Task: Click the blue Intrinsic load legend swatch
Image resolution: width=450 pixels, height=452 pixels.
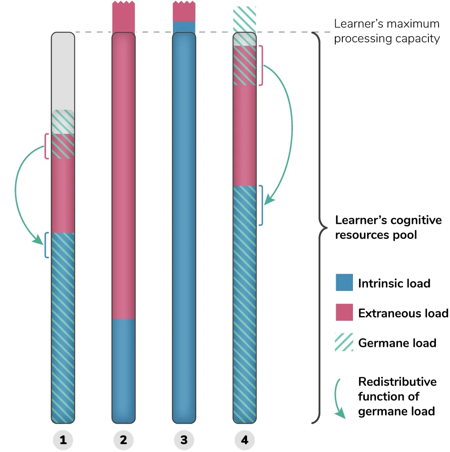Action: (344, 282)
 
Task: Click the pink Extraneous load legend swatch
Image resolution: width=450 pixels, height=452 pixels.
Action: (344, 313)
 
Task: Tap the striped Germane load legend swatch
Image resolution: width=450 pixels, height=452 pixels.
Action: (344, 343)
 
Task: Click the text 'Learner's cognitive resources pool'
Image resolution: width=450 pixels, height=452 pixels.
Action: (388, 227)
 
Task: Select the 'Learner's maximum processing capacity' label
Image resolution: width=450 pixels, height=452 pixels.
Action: (386, 31)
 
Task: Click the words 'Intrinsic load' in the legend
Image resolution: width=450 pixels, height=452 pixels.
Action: (394, 283)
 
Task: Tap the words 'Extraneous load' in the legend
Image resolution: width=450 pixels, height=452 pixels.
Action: (403, 313)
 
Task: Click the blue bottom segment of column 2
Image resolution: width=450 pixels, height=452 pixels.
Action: (124, 369)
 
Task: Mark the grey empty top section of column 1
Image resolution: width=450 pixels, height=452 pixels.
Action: (63, 71)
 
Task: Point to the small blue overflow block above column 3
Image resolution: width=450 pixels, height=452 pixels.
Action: (184, 26)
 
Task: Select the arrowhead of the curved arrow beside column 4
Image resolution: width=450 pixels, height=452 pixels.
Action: (270, 201)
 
